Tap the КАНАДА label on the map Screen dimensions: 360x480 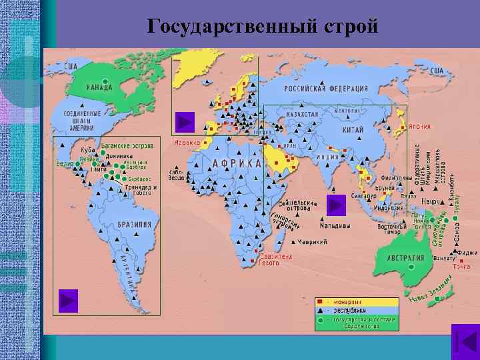[99, 87]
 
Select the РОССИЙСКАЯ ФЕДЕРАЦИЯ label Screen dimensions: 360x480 [327, 89]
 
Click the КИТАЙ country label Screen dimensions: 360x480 [353, 130]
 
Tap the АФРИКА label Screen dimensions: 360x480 [237, 163]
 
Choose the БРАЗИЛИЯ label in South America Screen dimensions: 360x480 [134, 225]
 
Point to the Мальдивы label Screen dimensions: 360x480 [318, 225]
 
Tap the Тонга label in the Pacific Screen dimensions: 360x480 [461, 267]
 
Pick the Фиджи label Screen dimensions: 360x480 [468, 253]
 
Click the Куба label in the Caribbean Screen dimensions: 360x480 [87, 150]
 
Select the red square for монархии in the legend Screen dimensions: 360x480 [320, 302]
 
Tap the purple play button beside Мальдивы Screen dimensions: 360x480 [336, 205]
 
